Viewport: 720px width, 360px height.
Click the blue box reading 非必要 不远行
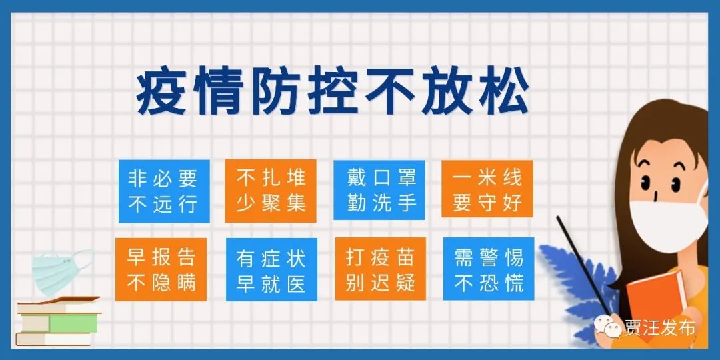pyautogui.click(x=164, y=191)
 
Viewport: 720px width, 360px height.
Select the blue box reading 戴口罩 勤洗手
pyautogui.click(x=379, y=190)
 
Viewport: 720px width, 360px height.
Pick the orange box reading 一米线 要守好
pyautogui.click(x=487, y=189)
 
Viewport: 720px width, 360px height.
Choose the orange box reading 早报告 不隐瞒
pyautogui.click(x=161, y=269)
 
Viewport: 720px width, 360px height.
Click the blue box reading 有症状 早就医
pyautogui.click(x=271, y=269)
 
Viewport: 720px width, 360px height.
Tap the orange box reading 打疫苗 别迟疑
pyautogui.click(x=381, y=269)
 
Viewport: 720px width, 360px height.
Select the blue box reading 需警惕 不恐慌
pyautogui.click(x=489, y=269)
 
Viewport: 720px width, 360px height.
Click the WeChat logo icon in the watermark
pyautogui.click(x=609, y=327)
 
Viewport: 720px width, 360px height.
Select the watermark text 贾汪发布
pyautogui.click(x=660, y=328)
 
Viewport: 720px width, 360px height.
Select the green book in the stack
pyautogui.click(x=73, y=323)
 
